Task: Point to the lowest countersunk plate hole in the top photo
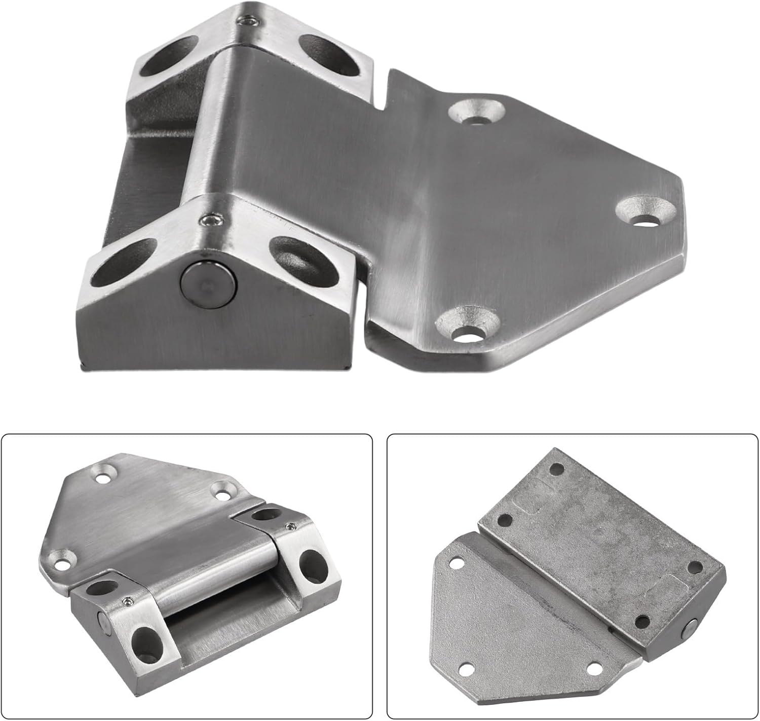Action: (468, 326)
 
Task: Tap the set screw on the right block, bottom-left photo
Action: (291, 527)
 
